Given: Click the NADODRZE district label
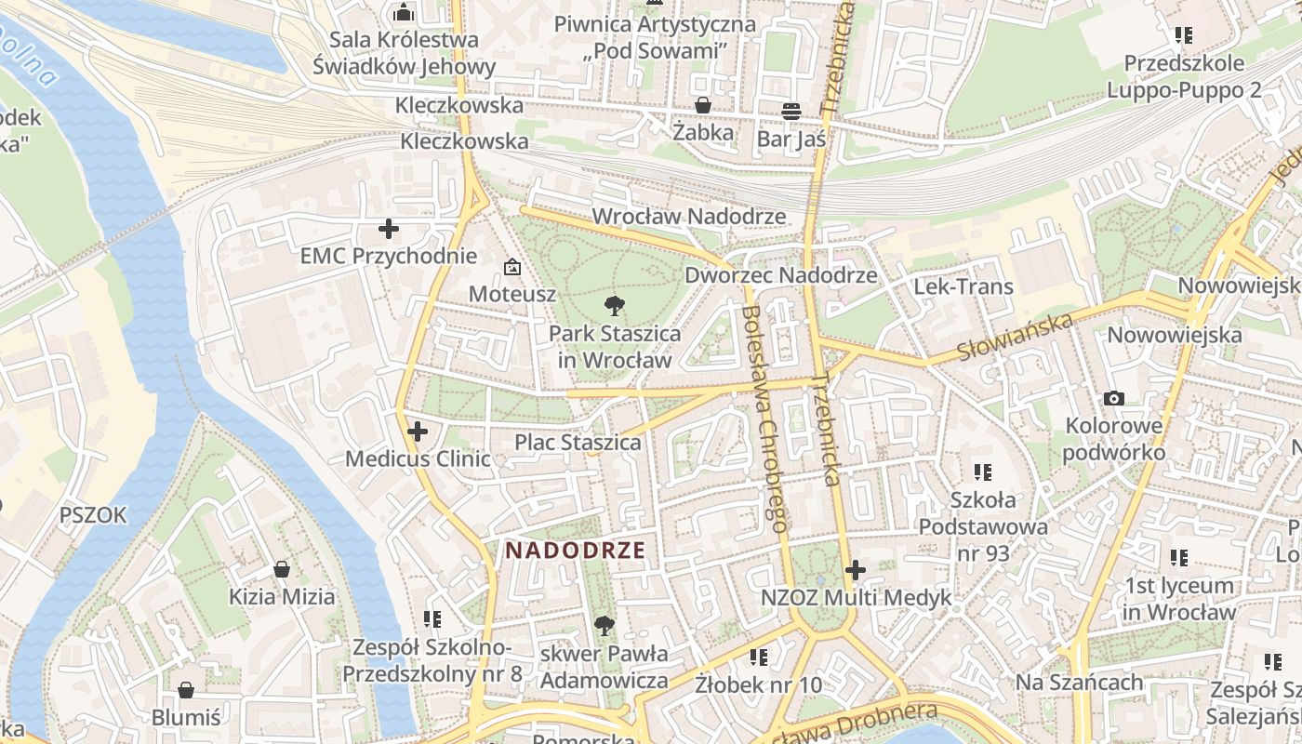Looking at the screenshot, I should (575, 550).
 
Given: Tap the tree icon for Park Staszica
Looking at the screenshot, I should (614, 305).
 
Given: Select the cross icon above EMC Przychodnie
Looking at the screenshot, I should (389, 229).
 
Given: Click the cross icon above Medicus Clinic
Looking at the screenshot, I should (418, 432).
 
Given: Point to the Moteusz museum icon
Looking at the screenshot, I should (511, 268).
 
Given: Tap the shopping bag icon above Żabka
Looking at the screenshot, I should (703, 106).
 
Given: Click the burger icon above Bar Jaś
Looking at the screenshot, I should (791, 112).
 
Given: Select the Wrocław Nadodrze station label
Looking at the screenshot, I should (689, 217).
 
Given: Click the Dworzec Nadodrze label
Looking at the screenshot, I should (780, 275).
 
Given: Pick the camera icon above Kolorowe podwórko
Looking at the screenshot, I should (1113, 399).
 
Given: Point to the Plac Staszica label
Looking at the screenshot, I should (578, 443).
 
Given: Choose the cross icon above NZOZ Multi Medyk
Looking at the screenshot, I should (856, 570).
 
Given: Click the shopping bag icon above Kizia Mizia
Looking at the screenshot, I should (281, 569).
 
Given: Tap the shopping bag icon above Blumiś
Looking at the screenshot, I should (186, 690).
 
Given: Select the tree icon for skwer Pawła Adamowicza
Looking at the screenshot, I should (604, 626).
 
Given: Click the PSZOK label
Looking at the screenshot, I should (93, 515).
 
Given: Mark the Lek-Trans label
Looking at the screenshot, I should (963, 286).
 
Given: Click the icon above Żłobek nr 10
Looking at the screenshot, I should (759, 658).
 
